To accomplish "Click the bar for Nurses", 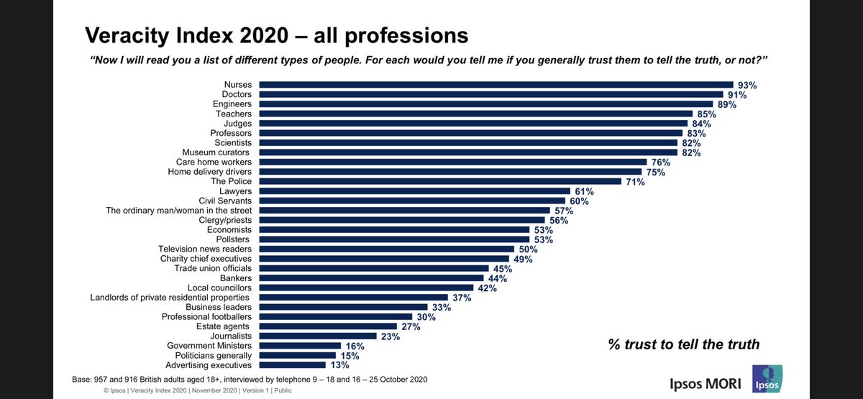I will point(496,85).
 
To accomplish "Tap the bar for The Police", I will point(439,182).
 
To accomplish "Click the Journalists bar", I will point(317,336).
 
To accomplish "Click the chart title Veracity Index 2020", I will point(277,35).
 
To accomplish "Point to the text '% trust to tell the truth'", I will point(683,344).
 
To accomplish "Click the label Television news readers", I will point(206,249).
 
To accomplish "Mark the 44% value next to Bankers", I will point(498,278).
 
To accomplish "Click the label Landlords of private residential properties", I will point(170,297).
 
